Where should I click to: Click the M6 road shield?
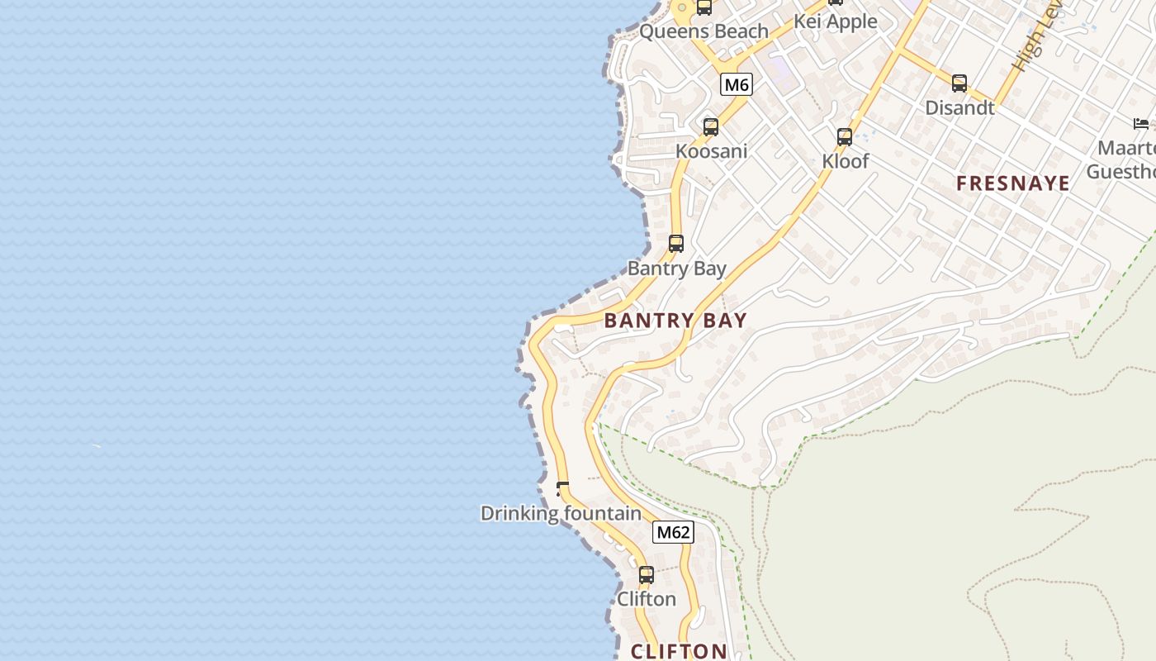coord(737,84)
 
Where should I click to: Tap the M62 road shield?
coord(673,532)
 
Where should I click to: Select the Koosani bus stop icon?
coord(711,127)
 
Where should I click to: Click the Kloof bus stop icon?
coord(845,137)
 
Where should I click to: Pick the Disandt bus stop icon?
coord(959,83)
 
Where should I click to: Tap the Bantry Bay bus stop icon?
coord(676,244)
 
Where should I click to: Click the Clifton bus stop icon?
coord(647,575)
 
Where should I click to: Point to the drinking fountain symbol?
coord(562,489)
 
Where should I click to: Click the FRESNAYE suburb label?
coord(1013,183)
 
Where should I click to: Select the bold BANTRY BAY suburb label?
coord(675,321)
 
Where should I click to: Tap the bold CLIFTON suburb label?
coord(679,651)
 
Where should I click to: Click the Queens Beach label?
coord(704,31)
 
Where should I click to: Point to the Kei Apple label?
coord(835,21)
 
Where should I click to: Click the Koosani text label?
coord(711,151)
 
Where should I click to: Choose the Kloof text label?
coord(846,161)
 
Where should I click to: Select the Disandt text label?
coord(959,107)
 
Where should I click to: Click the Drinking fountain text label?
coord(561,513)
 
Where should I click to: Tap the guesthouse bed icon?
coord(1141,124)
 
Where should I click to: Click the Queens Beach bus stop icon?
coord(704,7)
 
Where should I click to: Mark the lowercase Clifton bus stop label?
coord(647,599)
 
